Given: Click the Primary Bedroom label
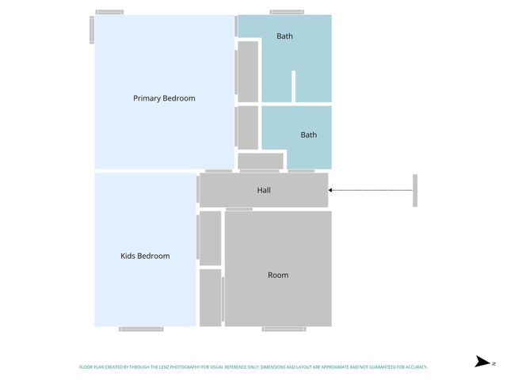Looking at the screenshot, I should (x=164, y=98).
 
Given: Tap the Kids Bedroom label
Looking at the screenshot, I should (x=145, y=256).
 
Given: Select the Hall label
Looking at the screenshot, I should (x=264, y=190).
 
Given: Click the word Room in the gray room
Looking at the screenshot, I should (x=278, y=275).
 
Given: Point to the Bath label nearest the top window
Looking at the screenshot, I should (x=284, y=36).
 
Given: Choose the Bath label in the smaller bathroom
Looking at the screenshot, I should (x=308, y=135).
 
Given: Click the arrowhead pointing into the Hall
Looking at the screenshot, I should (x=331, y=190).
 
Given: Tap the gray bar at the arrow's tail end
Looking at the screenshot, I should (x=414, y=190).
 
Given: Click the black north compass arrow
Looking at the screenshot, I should (x=482, y=362).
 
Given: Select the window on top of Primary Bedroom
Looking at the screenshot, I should (x=109, y=12).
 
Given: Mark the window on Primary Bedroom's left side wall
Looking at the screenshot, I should (x=92, y=30).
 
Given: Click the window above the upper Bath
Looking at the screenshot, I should (x=286, y=12).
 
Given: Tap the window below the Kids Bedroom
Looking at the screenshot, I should (x=141, y=329).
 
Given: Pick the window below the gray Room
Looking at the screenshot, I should (x=284, y=329).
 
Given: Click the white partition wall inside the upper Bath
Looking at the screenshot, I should (x=293, y=85).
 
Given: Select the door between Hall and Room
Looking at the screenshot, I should (x=239, y=209).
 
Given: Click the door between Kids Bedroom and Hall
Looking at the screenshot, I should (x=197, y=189).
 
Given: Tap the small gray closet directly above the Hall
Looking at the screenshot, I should (x=260, y=161).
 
